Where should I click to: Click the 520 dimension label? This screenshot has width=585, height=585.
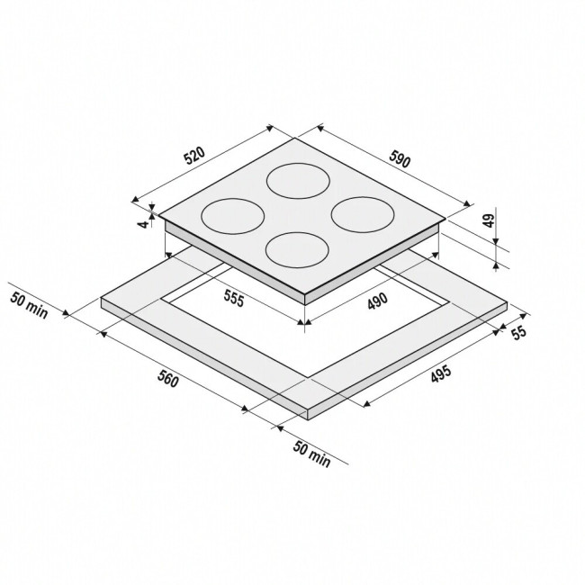(x=194, y=156)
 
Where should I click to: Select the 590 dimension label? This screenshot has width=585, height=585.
(x=400, y=158)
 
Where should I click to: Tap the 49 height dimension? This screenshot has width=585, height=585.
(x=489, y=220)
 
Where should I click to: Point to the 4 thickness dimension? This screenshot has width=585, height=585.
(x=142, y=224)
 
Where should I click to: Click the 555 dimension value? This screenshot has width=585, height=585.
(x=234, y=298)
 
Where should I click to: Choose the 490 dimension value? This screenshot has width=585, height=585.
(x=378, y=301)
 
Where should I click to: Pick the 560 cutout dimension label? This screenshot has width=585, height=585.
(x=168, y=379)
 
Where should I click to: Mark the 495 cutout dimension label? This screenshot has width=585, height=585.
(x=441, y=374)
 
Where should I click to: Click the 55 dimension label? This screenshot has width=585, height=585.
(x=518, y=332)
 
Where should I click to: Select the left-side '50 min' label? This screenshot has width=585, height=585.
(x=29, y=306)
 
